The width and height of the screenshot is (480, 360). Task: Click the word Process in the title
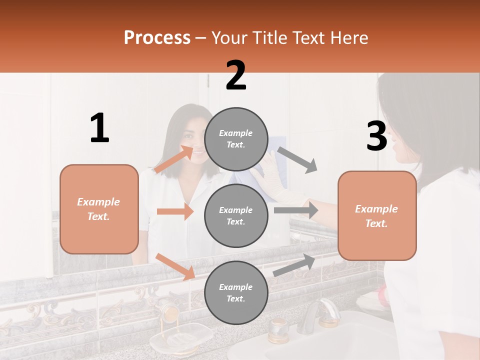(x=157, y=38)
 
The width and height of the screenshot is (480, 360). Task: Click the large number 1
(x=99, y=128)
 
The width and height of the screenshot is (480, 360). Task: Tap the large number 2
(x=236, y=75)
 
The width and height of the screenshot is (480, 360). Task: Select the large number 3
(x=376, y=136)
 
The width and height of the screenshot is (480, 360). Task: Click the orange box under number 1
(x=99, y=209)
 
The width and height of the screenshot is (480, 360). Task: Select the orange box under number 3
(x=377, y=215)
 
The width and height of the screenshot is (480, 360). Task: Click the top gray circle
(x=236, y=139)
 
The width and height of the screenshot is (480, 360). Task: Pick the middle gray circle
(x=236, y=215)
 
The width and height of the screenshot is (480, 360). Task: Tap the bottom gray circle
(x=236, y=292)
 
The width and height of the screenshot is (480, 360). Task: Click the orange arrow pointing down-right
(x=175, y=266)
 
